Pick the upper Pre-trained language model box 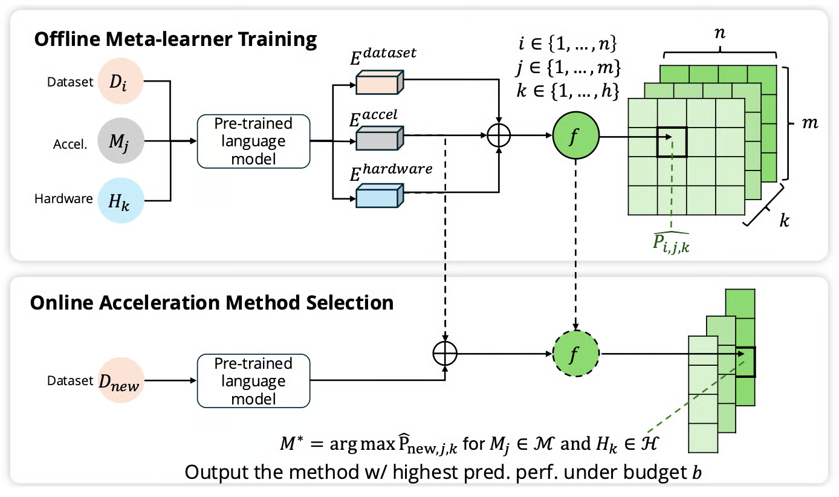(253, 141)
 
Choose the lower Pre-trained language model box (253, 381)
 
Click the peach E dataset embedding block (379, 82)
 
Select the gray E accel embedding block (379, 138)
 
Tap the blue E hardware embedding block (379, 195)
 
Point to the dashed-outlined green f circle (575, 353)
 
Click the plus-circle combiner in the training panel (499, 137)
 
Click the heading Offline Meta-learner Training (175, 40)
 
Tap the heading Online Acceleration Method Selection (212, 302)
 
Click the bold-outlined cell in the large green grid (672, 142)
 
